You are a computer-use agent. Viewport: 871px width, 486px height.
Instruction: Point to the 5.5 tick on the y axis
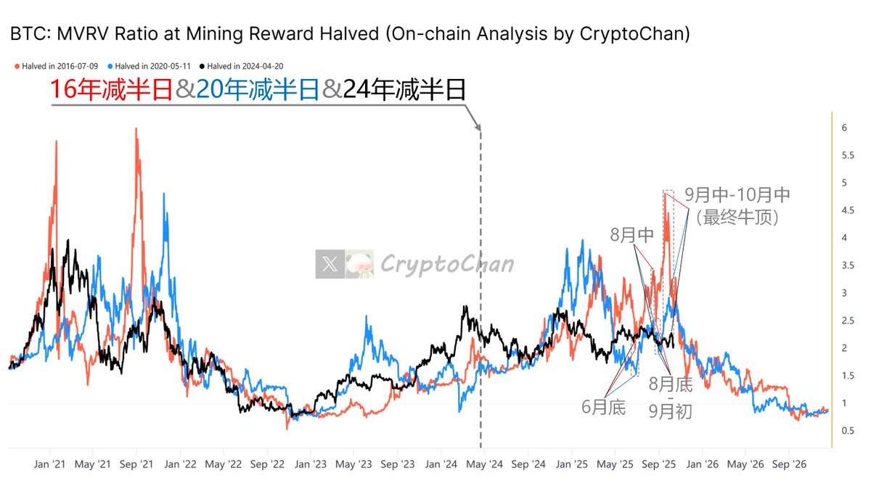(x=845, y=155)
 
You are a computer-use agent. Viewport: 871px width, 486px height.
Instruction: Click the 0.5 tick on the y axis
(x=845, y=431)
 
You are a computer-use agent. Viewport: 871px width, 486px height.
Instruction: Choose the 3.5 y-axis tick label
(x=845, y=265)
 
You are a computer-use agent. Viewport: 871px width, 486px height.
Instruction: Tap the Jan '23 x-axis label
(x=311, y=463)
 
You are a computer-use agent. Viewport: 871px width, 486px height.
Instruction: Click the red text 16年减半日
(x=111, y=90)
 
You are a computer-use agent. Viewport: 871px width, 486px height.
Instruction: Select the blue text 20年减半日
(x=258, y=90)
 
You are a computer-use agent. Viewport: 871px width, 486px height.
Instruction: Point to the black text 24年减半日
(x=404, y=90)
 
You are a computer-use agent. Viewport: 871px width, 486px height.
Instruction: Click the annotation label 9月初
(x=670, y=412)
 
